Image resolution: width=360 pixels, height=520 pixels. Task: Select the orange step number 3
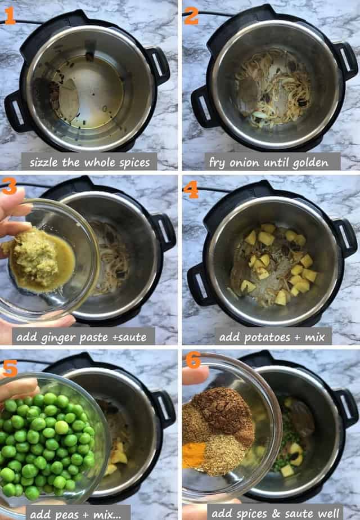point(10,186)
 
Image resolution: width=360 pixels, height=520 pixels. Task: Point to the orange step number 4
point(191,190)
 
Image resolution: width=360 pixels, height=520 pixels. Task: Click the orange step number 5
point(10,364)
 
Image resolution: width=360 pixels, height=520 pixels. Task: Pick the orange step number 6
point(193,361)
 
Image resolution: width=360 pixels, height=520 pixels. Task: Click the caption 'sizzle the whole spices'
point(89,162)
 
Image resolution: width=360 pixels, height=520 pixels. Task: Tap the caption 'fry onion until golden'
point(268,162)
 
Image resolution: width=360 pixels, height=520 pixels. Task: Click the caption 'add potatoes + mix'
point(273,337)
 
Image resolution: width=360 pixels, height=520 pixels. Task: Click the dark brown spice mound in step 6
point(222,409)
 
